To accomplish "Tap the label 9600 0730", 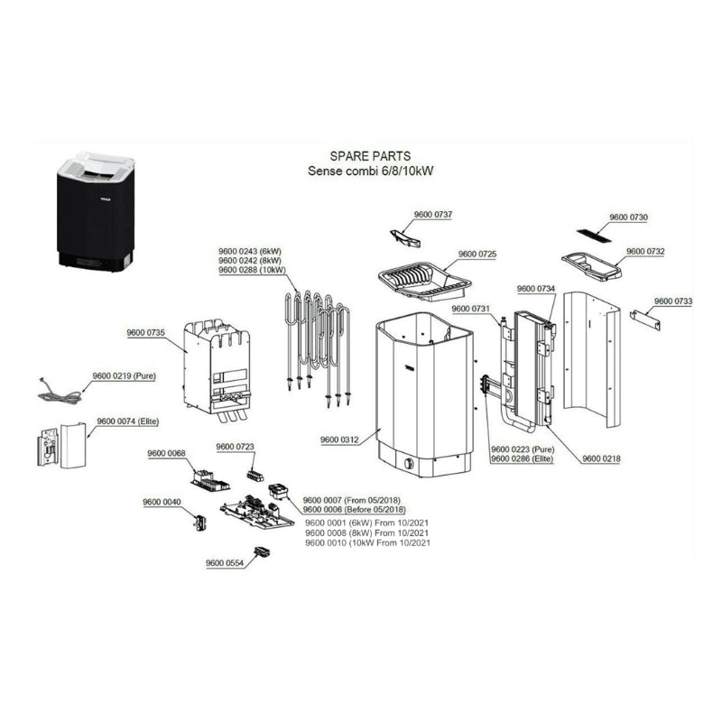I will (x=628, y=218).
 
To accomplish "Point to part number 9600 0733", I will (x=672, y=301).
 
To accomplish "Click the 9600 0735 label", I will (x=144, y=333).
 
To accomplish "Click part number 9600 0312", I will (x=340, y=440).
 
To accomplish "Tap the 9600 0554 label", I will (x=225, y=563).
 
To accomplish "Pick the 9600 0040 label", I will (x=162, y=503).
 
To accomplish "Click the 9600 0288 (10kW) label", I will (x=252, y=269).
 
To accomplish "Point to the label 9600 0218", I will (x=601, y=458).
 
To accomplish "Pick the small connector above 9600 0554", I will (x=263, y=551).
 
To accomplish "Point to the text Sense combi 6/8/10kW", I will (x=370, y=171).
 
